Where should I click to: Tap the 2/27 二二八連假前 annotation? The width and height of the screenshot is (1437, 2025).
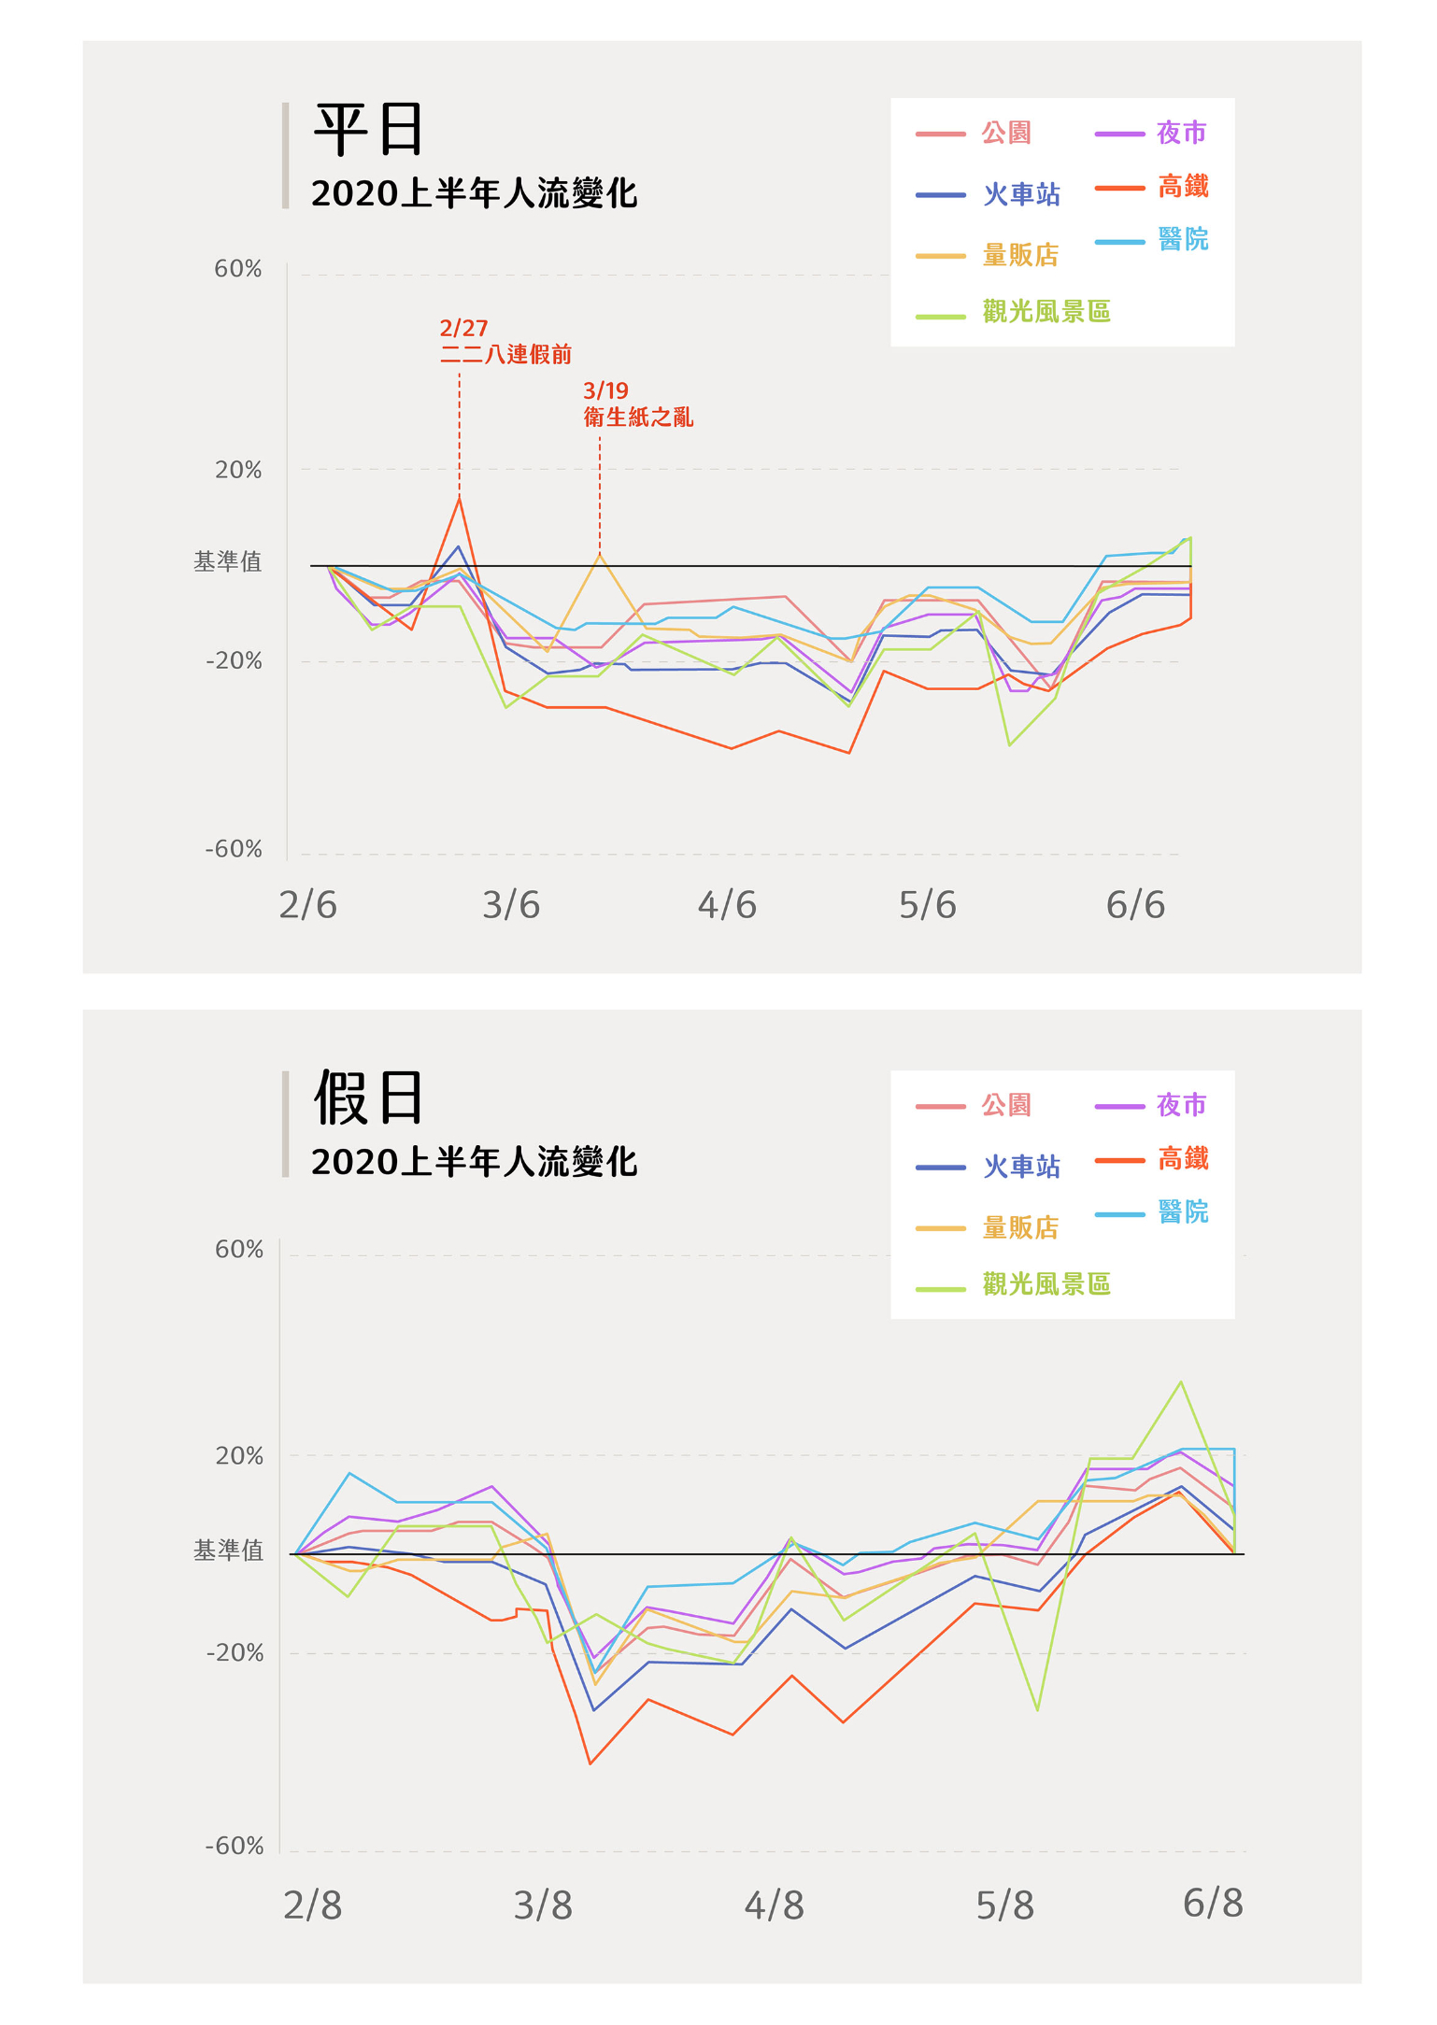click(x=505, y=342)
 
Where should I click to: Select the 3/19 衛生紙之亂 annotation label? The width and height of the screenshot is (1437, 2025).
click(x=638, y=404)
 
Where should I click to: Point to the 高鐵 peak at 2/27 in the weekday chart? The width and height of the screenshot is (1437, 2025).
click(x=459, y=499)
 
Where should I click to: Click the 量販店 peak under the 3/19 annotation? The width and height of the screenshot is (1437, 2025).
click(x=600, y=555)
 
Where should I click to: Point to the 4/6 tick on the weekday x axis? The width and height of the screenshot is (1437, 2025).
click(x=727, y=905)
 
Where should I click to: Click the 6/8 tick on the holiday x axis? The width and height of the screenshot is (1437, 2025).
click(x=1213, y=1904)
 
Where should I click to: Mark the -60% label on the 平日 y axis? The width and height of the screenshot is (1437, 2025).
click(x=234, y=850)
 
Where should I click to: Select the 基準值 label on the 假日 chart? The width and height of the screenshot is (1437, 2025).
click(x=228, y=1551)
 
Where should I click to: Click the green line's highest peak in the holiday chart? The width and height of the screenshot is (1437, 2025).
click(x=1181, y=1382)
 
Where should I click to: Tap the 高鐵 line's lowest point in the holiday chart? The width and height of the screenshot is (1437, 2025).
click(x=590, y=1763)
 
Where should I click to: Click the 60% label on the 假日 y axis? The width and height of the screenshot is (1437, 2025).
click(x=239, y=1250)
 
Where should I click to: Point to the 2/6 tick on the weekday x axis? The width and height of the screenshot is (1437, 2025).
click(x=308, y=905)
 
